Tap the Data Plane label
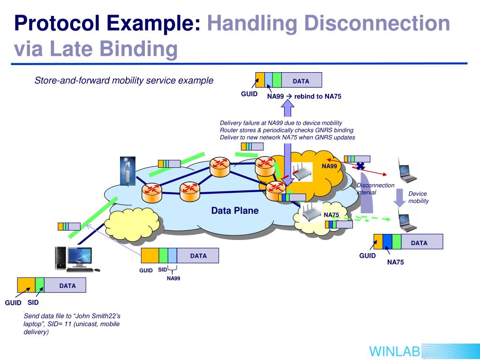235,210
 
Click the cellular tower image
127,171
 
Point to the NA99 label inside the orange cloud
329,166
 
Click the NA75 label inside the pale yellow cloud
331,215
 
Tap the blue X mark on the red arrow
360,166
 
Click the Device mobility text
419,197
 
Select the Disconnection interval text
375,189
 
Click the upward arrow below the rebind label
287,109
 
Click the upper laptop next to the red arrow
407,171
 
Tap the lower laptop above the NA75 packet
407,220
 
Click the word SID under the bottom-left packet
33,302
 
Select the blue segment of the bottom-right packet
387,241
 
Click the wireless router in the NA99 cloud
301,172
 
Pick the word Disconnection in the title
377,23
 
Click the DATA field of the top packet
301,80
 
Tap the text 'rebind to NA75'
318,97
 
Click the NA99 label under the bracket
173,278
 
